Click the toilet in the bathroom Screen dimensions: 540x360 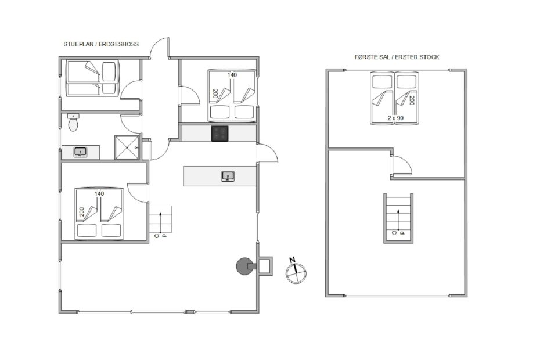tap(73, 123)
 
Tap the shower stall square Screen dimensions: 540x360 tap(127, 147)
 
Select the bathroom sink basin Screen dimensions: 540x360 tap(80, 152)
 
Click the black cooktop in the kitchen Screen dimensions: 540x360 tap(219, 134)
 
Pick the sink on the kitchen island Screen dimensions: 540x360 tap(228, 177)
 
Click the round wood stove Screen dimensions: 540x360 tap(244, 266)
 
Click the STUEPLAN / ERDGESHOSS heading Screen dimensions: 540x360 tap(101, 44)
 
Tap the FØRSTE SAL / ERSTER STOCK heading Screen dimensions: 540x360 tap(397, 57)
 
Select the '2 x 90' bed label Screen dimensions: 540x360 tap(395, 118)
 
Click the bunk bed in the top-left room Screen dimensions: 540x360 tap(92, 78)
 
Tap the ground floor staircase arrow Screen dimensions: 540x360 tap(160, 222)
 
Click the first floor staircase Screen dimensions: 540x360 tap(398, 218)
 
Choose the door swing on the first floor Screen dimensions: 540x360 tap(402, 165)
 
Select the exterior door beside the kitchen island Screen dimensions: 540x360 tap(268, 153)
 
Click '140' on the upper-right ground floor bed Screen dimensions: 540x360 tap(232, 75)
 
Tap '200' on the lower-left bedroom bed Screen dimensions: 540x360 tap(82, 212)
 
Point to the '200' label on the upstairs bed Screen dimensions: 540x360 tap(412, 100)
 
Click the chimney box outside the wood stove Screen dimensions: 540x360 tap(265, 265)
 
